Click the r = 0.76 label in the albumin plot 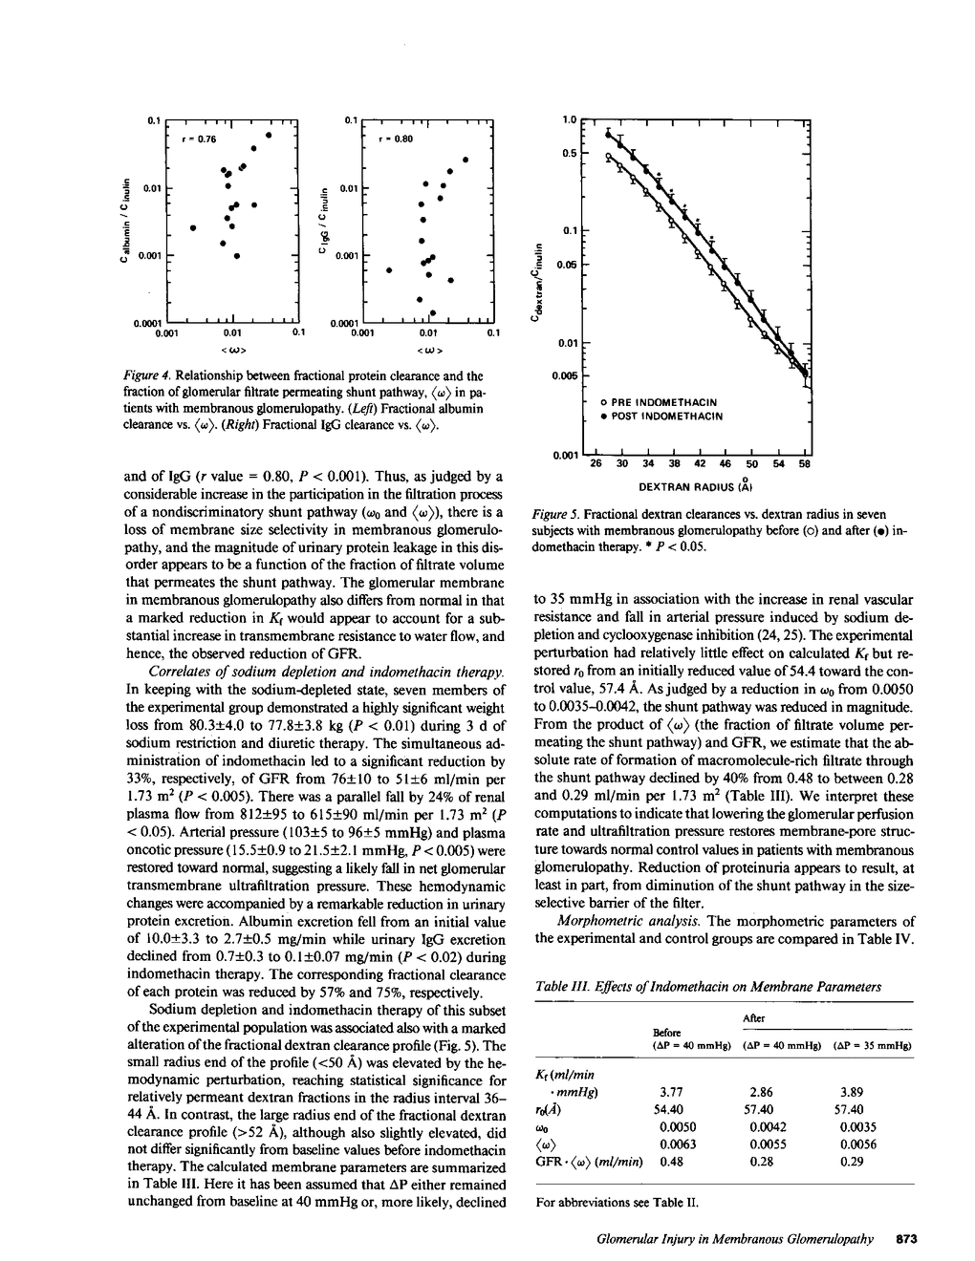point(201,139)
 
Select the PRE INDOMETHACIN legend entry point(663,402)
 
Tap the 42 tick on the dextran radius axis point(699,464)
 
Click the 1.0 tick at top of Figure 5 point(570,120)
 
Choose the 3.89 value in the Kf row point(853,1091)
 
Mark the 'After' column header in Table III point(754,1019)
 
